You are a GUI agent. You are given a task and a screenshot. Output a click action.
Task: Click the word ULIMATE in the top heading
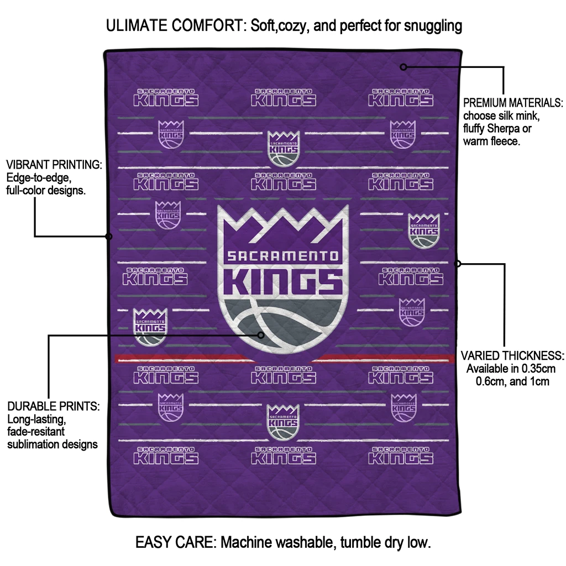140,25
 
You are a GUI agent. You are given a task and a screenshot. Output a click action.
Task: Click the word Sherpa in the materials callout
502,129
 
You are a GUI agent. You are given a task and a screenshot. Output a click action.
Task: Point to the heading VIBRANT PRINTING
54,165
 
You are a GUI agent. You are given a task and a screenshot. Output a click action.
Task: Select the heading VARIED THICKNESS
512,355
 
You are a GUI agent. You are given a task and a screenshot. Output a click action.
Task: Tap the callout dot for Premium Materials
403,67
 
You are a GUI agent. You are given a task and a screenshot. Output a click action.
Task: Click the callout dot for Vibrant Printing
109,237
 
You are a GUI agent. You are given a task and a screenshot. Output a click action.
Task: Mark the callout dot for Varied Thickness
458,264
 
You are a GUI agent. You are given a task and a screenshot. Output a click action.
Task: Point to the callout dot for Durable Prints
262,334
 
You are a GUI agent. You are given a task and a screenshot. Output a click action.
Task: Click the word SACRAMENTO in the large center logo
282,256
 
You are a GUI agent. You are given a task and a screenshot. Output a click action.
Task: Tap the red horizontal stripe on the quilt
166,359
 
